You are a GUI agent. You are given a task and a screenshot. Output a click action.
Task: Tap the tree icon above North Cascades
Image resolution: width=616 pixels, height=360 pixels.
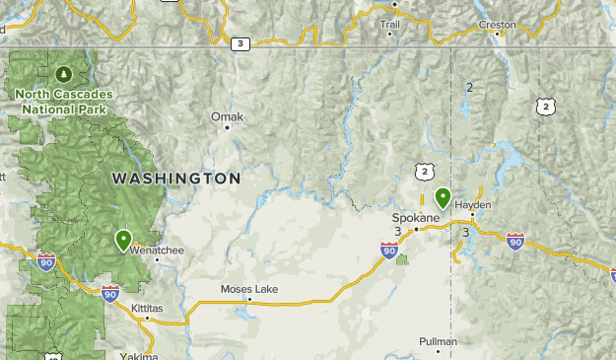pyautogui.click(x=64, y=73)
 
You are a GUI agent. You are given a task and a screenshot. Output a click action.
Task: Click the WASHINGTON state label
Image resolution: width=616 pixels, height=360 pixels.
pyautogui.click(x=175, y=179)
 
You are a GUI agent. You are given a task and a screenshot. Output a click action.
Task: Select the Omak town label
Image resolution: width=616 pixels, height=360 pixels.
pyautogui.click(x=227, y=116)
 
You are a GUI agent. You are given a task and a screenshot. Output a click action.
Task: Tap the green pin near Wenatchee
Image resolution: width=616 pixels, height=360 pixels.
pyautogui.click(x=123, y=240)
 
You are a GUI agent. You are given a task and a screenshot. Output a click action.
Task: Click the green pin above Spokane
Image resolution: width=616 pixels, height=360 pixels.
pyautogui.click(x=443, y=198)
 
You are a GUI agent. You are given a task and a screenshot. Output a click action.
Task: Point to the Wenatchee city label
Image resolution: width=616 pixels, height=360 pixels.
pyautogui.click(x=157, y=251)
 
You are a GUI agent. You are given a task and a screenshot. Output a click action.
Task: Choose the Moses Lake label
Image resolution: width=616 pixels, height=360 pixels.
pyautogui.click(x=248, y=290)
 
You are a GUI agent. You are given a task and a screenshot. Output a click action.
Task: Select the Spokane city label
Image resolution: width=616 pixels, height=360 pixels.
pyautogui.click(x=416, y=217)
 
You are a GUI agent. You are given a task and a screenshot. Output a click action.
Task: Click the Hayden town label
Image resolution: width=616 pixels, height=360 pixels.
pyautogui.click(x=473, y=204)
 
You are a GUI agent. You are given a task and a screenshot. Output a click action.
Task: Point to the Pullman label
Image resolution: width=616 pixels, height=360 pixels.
pyautogui.click(x=438, y=341)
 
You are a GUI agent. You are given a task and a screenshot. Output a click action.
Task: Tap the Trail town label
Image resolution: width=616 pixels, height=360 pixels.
pyautogui.click(x=390, y=24)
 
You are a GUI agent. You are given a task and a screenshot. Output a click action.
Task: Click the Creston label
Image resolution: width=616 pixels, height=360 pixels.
pyautogui.click(x=498, y=24)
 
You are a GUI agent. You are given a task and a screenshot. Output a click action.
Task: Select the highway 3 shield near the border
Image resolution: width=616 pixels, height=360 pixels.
pyautogui.click(x=240, y=43)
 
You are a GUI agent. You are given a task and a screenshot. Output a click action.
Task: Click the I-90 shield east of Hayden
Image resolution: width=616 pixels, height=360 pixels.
pyautogui.click(x=514, y=240)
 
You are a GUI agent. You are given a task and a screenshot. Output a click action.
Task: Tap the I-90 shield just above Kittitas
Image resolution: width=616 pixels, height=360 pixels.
pyautogui.click(x=110, y=293)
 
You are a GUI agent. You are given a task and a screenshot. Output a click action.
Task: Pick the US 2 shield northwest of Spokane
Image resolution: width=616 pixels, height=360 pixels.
pyautogui.click(x=423, y=172)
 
